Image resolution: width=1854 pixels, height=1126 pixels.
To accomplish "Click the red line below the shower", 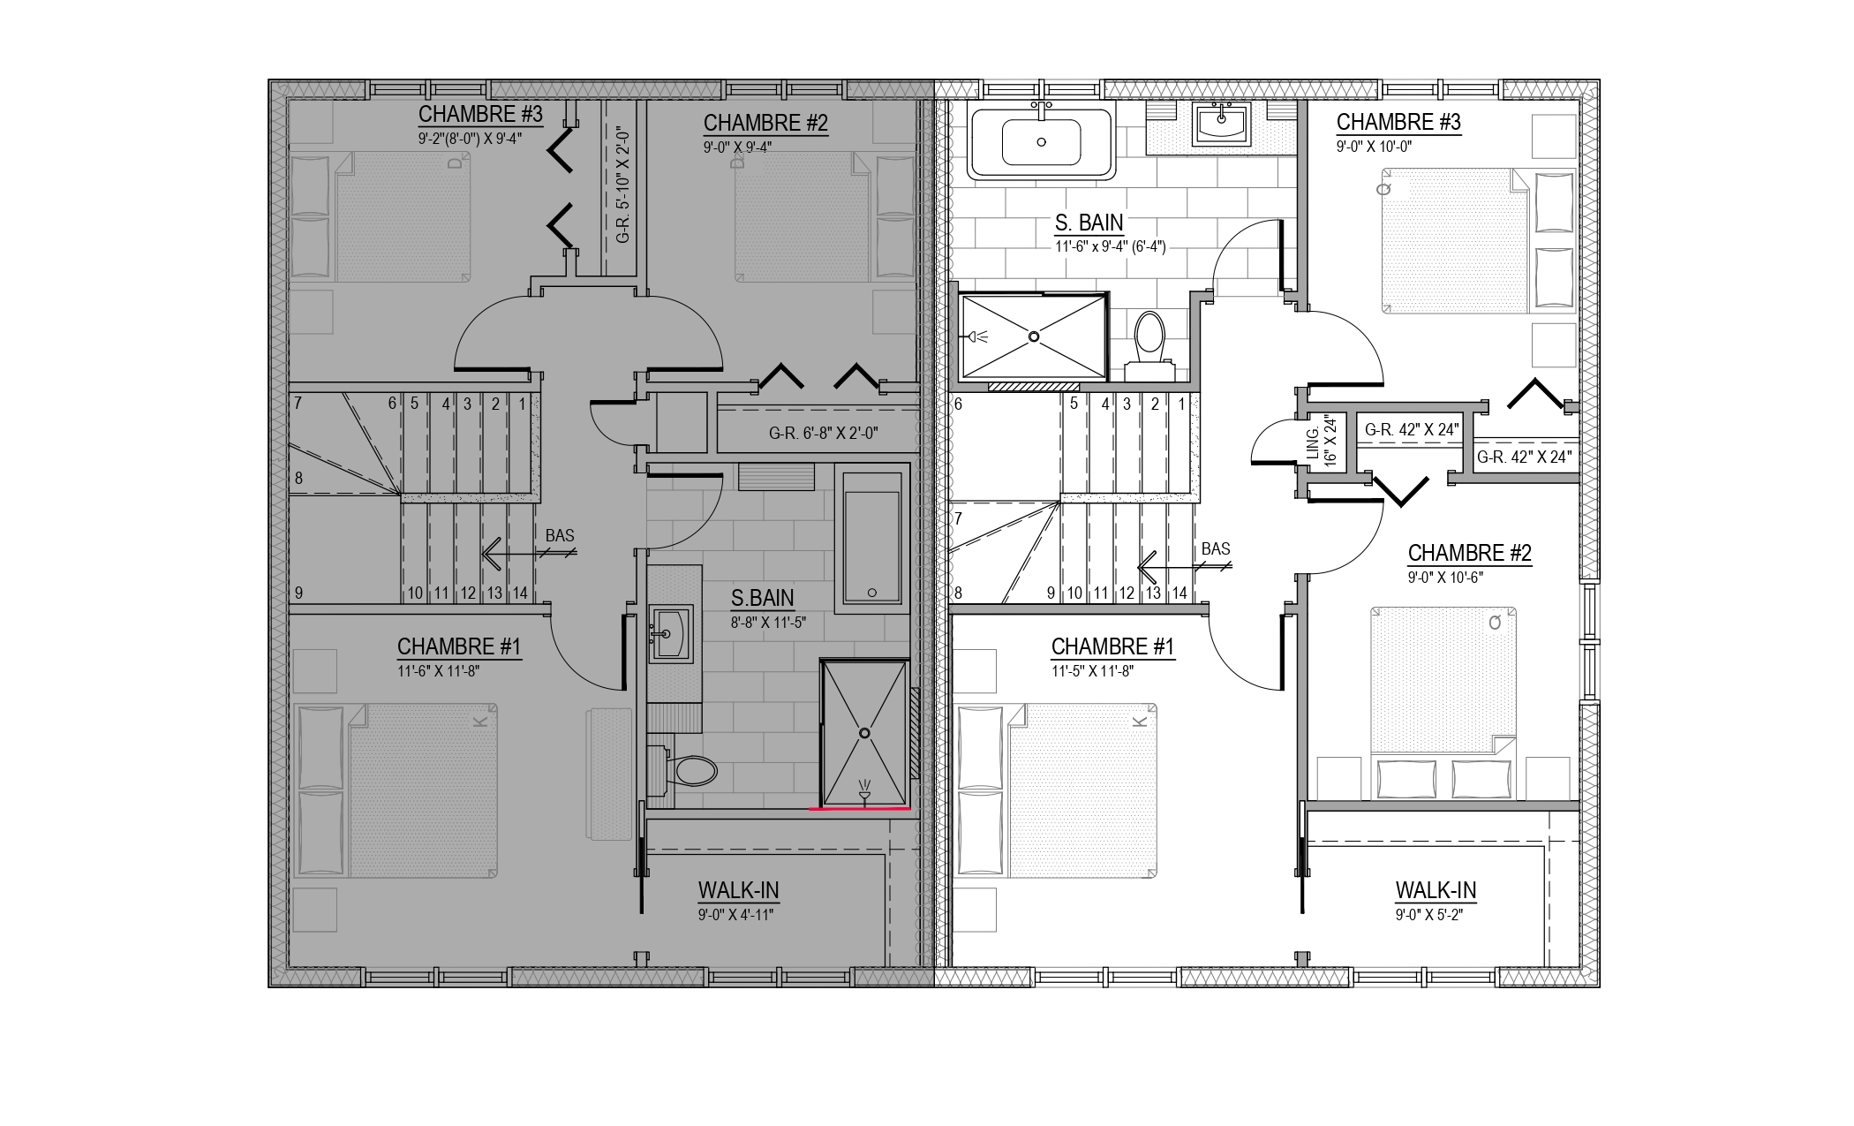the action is coord(860,808).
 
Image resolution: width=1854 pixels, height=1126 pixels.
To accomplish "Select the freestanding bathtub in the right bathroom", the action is coord(1042,141).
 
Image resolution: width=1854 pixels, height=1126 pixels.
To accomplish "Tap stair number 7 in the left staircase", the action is coord(298,404).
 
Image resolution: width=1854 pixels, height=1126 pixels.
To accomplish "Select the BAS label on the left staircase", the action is coord(560,535).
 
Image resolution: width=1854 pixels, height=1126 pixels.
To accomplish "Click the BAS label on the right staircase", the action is coord(1216,548).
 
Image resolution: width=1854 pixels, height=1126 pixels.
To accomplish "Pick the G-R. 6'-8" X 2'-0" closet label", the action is coord(824,434).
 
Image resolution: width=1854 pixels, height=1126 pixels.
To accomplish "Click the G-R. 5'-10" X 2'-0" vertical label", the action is coord(624,184).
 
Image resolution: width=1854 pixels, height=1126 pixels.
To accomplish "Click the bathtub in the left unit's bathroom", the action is coord(872,538).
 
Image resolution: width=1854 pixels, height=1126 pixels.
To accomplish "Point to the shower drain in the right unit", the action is coord(1033,336).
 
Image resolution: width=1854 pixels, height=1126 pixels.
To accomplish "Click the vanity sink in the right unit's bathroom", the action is coord(1223,124).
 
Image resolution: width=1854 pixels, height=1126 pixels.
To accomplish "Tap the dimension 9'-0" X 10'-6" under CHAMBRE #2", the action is coord(1445,578).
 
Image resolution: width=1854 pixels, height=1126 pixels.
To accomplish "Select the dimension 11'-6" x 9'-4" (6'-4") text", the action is coord(1110,247).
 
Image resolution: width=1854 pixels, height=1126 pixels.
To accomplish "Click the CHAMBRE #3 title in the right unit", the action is coord(1398,122).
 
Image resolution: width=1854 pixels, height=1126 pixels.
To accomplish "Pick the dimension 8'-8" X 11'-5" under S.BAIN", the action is coord(768,623).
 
